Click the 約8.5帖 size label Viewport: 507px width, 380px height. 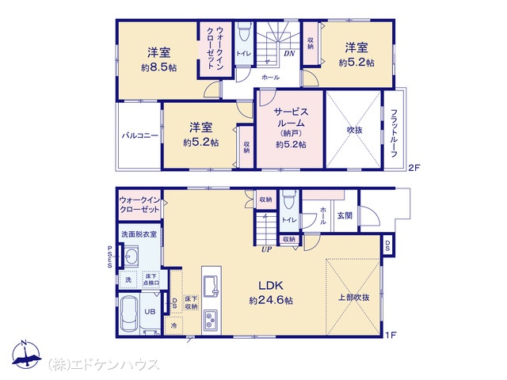[158, 68]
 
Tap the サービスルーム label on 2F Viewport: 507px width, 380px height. [291, 117]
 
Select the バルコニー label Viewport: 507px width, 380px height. [140, 135]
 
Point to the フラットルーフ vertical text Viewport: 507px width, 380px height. [394, 133]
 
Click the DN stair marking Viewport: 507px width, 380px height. [289, 54]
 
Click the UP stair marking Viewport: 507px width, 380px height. [266, 249]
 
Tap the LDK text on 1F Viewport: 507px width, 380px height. [271, 285]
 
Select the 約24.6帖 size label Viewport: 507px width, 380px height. [271, 301]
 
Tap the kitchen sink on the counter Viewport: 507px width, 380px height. [212, 287]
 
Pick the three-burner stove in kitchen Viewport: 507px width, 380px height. [212, 321]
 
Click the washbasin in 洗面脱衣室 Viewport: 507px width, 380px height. [131, 256]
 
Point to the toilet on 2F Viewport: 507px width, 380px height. [244, 32]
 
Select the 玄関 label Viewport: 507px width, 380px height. [345, 215]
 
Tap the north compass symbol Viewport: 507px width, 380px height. [26, 354]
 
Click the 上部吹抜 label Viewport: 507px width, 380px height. [354, 298]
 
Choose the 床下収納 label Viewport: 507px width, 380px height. [192, 302]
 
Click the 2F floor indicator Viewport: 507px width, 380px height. [414, 167]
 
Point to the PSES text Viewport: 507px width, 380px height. [110, 256]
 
